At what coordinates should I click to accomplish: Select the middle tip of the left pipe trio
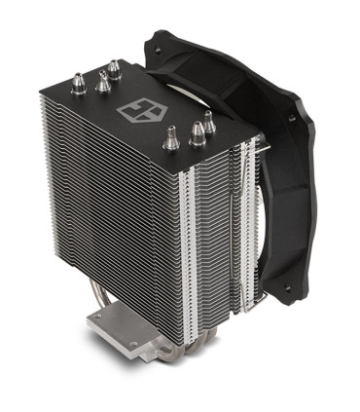pos(102,82)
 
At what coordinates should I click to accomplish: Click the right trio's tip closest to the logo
pos(171,139)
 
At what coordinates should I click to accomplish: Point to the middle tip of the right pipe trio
pos(195,133)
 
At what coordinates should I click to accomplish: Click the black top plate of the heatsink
pos(146,102)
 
